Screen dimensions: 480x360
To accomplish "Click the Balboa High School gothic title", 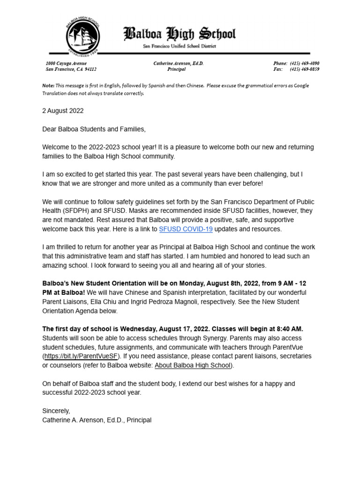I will (x=180, y=34).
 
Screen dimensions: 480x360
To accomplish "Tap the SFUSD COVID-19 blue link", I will (x=186, y=229).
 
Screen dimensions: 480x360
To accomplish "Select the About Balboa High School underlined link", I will (x=193, y=365).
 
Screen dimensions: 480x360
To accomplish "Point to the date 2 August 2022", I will (x=63, y=111).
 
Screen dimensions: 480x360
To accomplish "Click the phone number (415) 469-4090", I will (x=304, y=63).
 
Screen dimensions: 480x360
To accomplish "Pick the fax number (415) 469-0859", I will (x=304, y=69).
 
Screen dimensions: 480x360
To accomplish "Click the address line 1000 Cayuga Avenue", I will (x=66, y=63).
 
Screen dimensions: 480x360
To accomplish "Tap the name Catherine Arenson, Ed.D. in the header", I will (x=178, y=63).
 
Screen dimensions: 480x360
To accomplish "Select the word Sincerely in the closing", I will (x=56, y=411).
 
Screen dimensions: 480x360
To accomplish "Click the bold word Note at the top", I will (x=48, y=86).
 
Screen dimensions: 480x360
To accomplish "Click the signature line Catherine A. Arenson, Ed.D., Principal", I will (x=97, y=420).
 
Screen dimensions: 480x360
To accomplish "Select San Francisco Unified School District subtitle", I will (x=180, y=46).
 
